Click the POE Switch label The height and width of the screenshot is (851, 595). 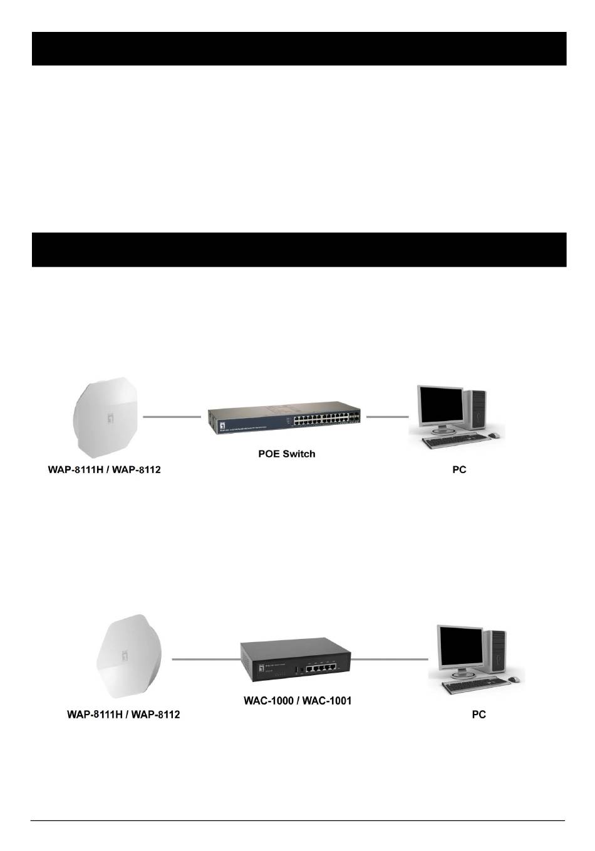(x=286, y=454)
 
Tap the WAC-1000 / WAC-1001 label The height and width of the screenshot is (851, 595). (x=297, y=700)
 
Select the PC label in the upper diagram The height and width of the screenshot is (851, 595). (x=459, y=469)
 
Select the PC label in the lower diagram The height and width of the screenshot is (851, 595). (x=479, y=714)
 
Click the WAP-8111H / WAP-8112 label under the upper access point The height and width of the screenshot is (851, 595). (x=104, y=469)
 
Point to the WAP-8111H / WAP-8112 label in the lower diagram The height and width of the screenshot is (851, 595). (x=123, y=714)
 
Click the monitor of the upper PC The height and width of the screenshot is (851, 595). (x=440, y=405)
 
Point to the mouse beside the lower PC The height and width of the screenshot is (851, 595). (x=514, y=679)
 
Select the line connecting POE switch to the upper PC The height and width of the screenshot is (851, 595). (x=387, y=416)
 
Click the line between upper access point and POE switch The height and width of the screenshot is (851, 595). (x=172, y=416)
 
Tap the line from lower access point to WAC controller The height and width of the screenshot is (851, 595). (x=205, y=659)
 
